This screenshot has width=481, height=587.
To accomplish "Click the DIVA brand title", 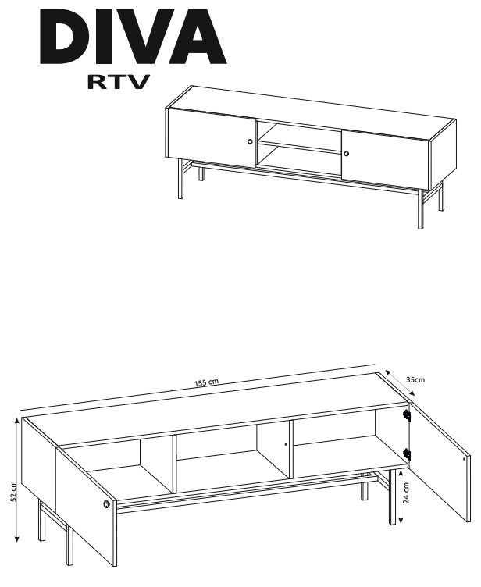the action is point(133,37).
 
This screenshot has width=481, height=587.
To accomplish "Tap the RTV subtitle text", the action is point(119,82).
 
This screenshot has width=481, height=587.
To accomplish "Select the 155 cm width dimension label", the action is point(206,382).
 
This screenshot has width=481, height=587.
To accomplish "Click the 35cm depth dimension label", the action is point(416,379).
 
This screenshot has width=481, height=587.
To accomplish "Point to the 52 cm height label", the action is point(13,491).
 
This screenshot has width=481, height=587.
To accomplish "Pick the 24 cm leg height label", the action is point(407,493).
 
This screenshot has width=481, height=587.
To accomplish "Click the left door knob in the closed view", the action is point(250,141).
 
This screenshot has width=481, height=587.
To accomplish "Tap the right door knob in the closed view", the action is point(346,154).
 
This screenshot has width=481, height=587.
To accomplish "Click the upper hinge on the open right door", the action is point(407,414).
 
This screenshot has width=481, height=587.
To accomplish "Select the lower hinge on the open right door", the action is point(407,454).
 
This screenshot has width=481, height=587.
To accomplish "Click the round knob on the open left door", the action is point(107,504).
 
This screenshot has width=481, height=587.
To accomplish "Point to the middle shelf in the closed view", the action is point(299,147).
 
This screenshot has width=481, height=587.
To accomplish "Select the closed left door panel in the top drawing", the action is point(211,138).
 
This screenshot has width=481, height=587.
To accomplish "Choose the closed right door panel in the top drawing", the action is point(385,159).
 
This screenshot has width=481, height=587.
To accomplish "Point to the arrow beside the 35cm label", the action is point(400,382).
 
